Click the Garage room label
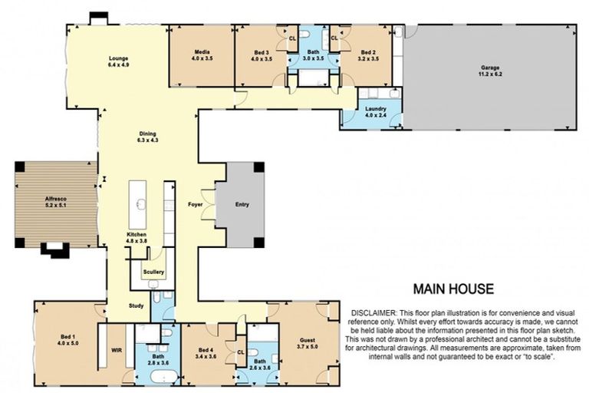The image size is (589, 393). click(489, 68)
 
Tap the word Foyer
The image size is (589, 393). click(195, 205)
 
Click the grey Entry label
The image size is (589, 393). click(242, 205)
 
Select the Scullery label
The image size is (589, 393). click(153, 272)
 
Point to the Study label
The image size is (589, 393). click(137, 305)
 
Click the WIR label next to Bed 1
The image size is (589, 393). click(117, 349)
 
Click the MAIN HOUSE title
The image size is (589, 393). click(453, 289)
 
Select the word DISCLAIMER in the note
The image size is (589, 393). click(373, 314)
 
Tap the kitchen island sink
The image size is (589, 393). click(141, 204)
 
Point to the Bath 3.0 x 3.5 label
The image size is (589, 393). click(311, 55)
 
